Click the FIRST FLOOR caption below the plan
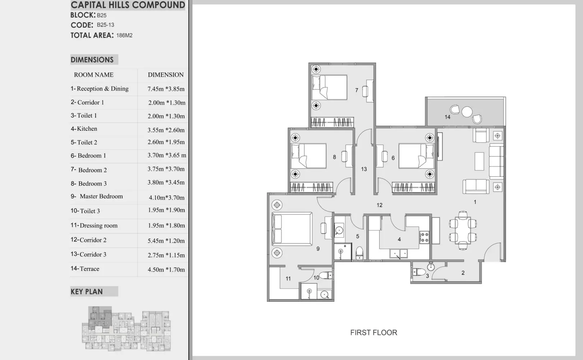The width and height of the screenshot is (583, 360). (x=373, y=332)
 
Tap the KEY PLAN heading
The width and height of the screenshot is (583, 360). (x=87, y=292)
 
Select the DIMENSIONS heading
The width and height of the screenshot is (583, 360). (x=92, y=60)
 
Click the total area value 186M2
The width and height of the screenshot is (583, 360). (x=124, y=35)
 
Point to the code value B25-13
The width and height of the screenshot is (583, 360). (x=105, y=25)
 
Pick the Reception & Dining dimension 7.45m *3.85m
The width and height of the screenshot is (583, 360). (x=166, y=89)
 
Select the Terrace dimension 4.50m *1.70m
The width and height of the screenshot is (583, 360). (x=166, y=269)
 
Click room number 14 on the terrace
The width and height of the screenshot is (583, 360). (x=447, y=117)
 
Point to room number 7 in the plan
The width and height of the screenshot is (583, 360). (x=357, y=90)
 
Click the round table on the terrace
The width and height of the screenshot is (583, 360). (x=467, y=112)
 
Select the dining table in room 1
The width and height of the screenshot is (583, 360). (x=463, y=230)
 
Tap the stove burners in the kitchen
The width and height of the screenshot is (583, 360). (x=424, y=237)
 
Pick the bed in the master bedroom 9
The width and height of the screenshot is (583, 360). (x=292, y=229)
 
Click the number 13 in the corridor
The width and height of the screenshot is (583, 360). (x=364, y=169)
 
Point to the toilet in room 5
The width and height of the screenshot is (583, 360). (x=359, y=253)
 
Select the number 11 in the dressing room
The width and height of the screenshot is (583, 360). (x=288, y=278)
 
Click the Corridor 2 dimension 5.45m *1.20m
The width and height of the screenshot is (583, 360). (x=166, y=241)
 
